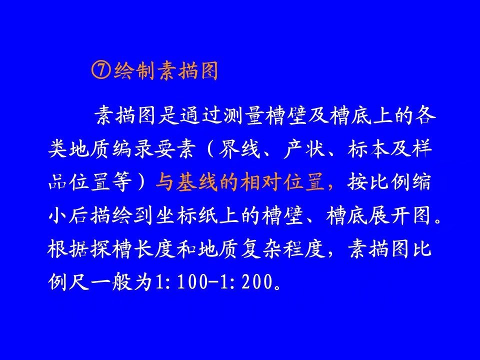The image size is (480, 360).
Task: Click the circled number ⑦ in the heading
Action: click(100, 70)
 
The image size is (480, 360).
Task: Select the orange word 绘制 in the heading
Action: click(134, 70)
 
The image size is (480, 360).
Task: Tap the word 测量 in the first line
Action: click(243, 115)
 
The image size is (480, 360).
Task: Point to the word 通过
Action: click(200, 115)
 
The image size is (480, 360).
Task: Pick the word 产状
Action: click(304, 149)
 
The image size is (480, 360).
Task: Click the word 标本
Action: click(368, 149)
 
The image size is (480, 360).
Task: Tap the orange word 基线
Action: click(197, 182)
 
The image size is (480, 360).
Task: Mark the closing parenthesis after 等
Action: click(143, 182)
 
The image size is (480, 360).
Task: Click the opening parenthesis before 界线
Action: click(210, 149)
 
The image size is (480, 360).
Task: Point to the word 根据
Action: click(68, 248)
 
